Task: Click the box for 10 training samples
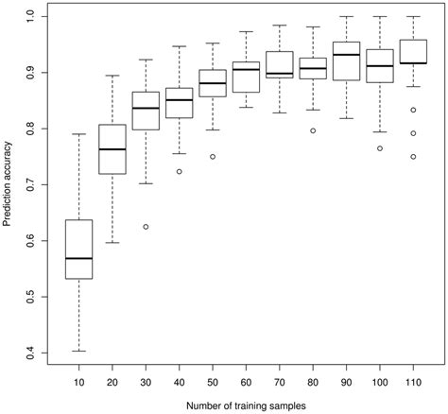(78, 250)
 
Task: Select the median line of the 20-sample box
(112, 149)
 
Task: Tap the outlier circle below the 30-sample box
(146, 227)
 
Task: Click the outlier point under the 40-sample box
(180, 171)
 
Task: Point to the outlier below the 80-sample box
(313, 130)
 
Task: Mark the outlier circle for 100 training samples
(380, 148)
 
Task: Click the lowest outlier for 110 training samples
(413, 156)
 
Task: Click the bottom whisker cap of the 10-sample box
(78, 351)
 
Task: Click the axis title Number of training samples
(245, 405)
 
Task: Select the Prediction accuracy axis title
(9, 184)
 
